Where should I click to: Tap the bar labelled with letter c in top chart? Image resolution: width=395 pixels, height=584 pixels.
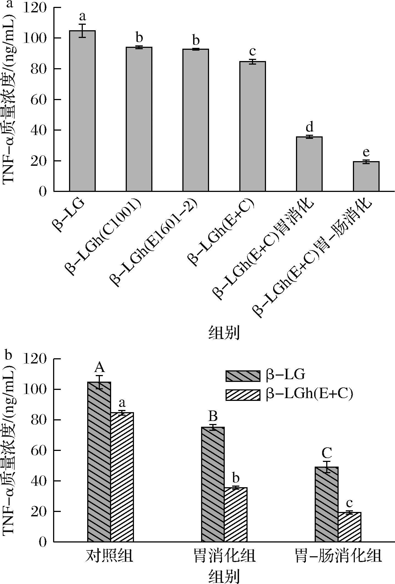coord(252,126)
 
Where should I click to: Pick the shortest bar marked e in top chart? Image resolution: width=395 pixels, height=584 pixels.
coord(366,176)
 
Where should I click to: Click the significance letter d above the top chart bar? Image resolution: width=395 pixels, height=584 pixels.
coord(309,128)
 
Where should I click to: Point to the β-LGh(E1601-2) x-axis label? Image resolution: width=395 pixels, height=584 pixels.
coord(154,242)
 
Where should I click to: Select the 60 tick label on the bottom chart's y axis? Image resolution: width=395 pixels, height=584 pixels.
coord(38,450)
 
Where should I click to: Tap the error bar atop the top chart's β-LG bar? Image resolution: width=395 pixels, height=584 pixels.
coord(82,31)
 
